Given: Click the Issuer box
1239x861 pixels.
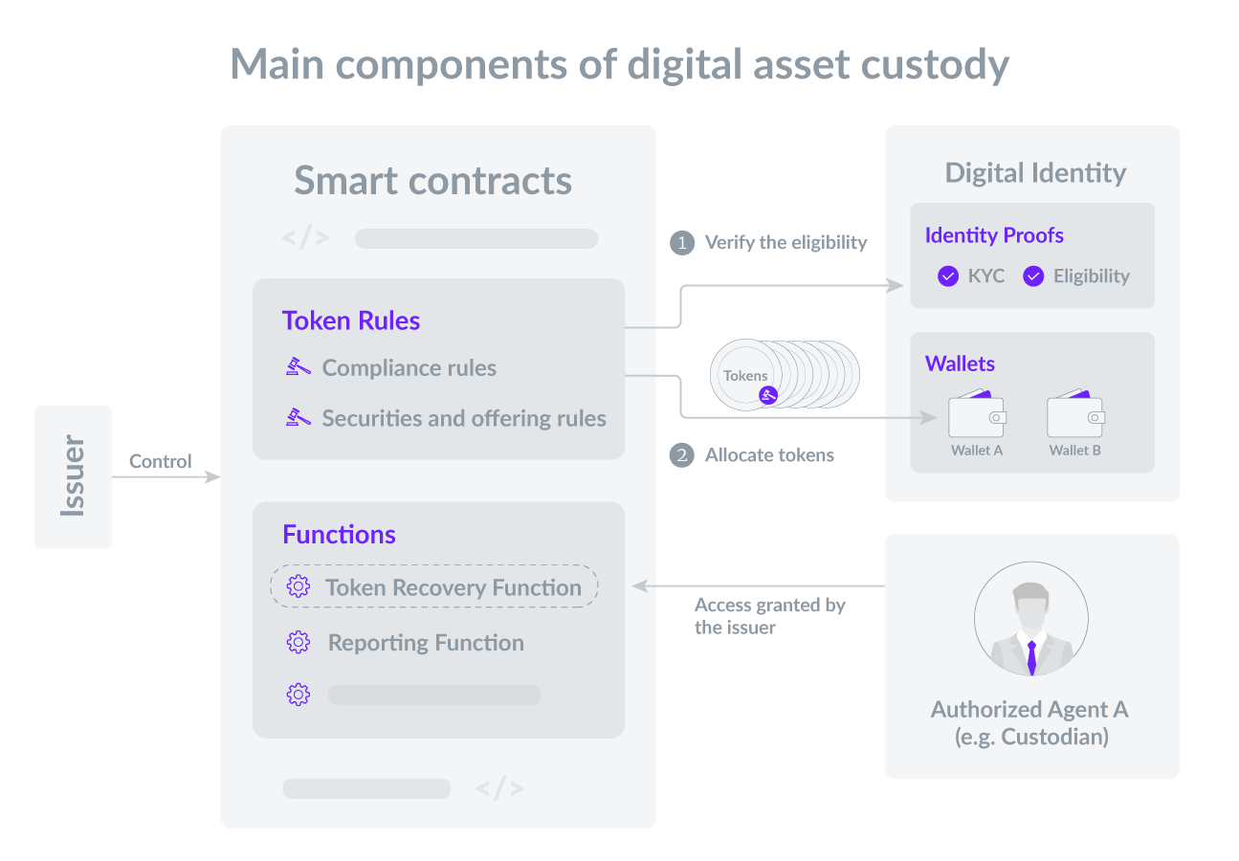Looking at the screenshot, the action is pos(73,476).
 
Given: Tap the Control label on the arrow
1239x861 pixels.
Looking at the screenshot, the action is pos(161,461).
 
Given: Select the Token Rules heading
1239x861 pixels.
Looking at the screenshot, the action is pos(351,320).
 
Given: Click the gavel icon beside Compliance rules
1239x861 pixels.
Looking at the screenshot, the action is pos(299,366).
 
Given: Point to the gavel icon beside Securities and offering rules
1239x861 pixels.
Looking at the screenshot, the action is pos(299,417).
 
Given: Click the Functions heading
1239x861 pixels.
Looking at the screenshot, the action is pos(339,534).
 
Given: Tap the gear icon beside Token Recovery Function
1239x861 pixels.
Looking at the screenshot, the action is pos(299,586).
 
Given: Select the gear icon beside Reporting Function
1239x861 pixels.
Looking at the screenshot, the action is pos(299,642).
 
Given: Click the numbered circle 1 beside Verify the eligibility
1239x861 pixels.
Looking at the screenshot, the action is pos(682,243).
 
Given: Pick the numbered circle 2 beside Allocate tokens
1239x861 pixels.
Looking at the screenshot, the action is pos(682,455).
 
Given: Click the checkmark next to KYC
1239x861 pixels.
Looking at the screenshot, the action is pos(948,276).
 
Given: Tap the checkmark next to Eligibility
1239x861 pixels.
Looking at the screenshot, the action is pos(1033,276).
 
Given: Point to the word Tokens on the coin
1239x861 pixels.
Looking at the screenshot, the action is pos(745,375).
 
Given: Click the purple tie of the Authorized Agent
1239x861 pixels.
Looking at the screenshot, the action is pos(1031,657).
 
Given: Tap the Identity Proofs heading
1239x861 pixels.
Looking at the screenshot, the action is pos(994,235).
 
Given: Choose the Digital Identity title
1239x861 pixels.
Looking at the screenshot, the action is pos(1035,173).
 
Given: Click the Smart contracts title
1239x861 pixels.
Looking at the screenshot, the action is pos(433,180).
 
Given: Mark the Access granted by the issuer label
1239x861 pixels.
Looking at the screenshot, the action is pos(770,616).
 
